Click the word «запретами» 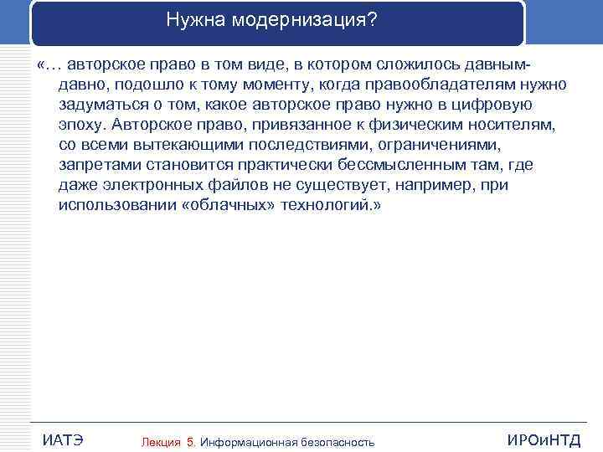pos(97,166)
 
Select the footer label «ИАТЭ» pos(62,440)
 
